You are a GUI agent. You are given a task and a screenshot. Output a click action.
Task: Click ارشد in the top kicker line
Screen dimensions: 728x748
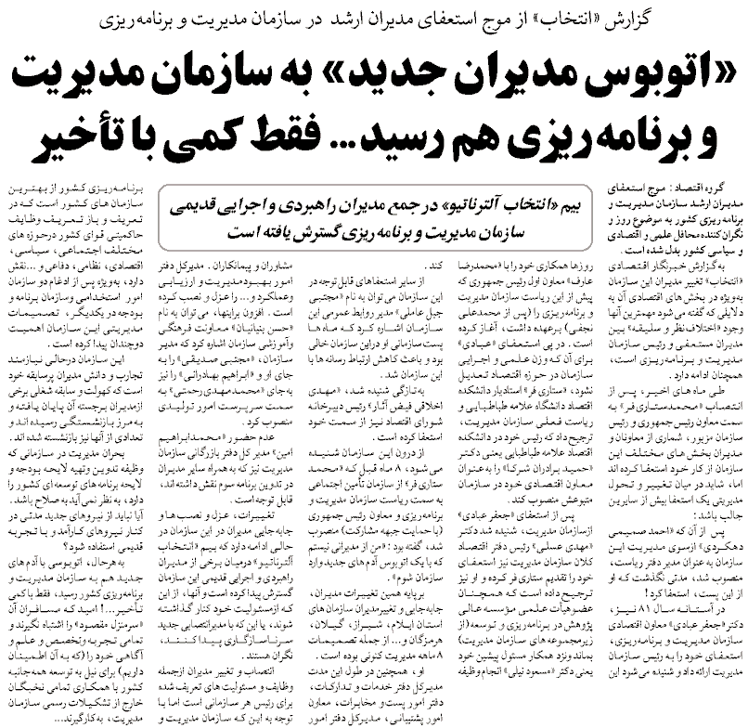(x=367, y=16)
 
